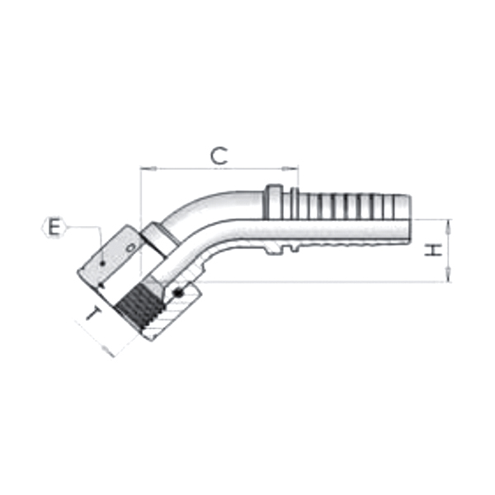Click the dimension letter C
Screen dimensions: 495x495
tap(218, 155)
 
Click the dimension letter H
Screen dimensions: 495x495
tap(431, 250)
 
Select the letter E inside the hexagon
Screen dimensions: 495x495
tap(54, 227)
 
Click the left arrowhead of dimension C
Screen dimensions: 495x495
tap(144, 170)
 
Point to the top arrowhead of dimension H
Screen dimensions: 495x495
tap(448, 224)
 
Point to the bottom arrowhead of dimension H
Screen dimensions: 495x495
tap(448, 278)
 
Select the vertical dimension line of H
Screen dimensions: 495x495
tap(448, 251)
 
